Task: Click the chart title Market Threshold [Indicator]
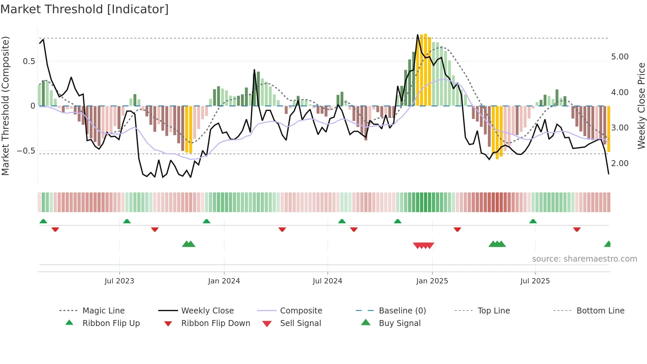[85, 9]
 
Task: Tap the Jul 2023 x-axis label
[119, 281]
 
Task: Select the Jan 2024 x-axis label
[224, 281]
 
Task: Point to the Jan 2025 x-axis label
[432, 281]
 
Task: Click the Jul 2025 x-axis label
[535, 281]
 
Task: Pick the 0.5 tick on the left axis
[29, 61]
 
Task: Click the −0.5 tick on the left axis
[26, 151]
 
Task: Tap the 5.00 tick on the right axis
[620, 57]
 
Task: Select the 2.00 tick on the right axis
[620, 164]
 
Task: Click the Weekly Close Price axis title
[641, 106]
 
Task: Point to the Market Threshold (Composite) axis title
[5, 106]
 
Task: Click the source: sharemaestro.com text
[584, 259]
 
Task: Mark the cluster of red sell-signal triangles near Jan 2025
[424, 245]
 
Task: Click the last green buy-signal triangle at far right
[608, 244]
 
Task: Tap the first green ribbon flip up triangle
[43, 221]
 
